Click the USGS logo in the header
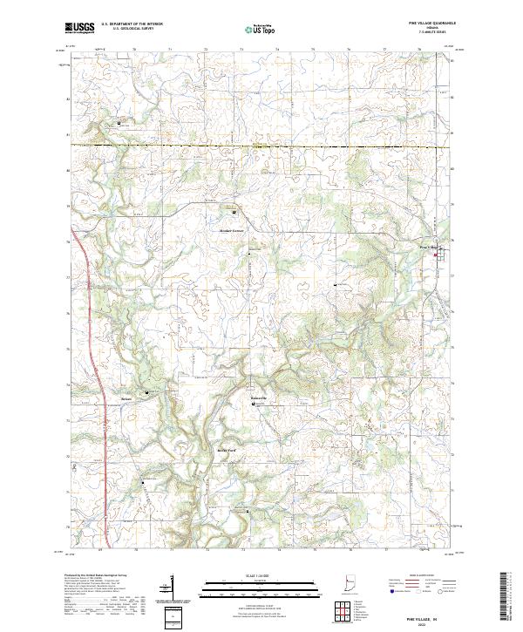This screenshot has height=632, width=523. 78,28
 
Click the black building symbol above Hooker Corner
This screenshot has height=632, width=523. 234,212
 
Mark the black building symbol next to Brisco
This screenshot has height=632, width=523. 146,392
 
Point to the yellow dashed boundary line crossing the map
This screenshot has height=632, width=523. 261,146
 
